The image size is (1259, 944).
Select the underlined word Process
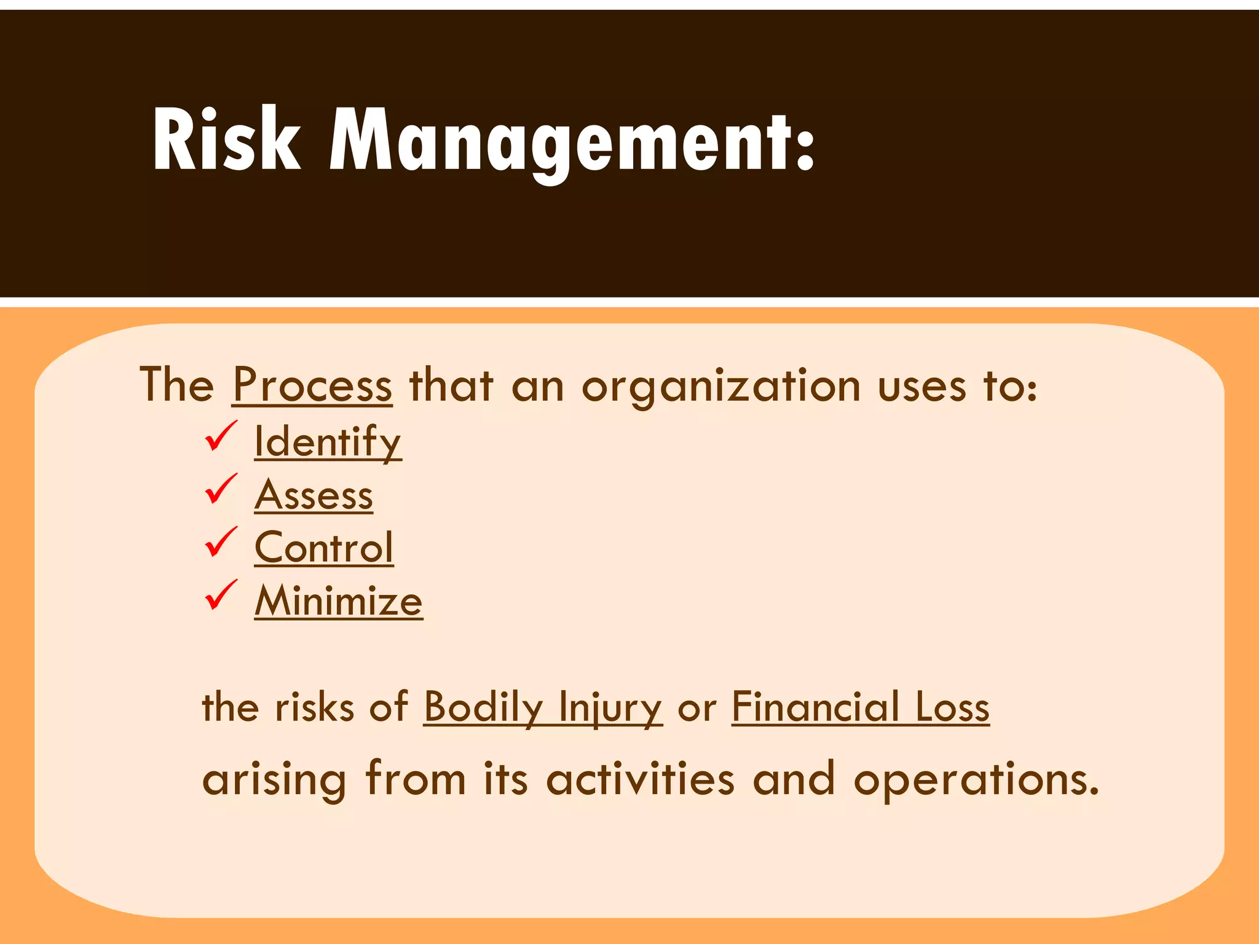point(312,386)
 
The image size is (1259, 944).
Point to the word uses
point(922,387)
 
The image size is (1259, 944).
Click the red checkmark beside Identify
point(220,436)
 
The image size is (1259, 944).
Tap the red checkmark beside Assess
point(220,489)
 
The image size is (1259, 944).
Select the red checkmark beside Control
point(220,542)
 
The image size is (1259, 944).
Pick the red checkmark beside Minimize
point(220,595)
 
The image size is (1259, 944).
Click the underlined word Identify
point(328,441)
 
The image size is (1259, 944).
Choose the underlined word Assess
point(314,495)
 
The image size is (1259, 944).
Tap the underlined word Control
point(324,548)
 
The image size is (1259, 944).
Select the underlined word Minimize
point(339,600)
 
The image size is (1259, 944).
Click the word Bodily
point(483,707)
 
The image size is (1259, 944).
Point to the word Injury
point(610,707)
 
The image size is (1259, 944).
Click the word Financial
point(816,707)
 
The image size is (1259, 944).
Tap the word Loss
point(952,707)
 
